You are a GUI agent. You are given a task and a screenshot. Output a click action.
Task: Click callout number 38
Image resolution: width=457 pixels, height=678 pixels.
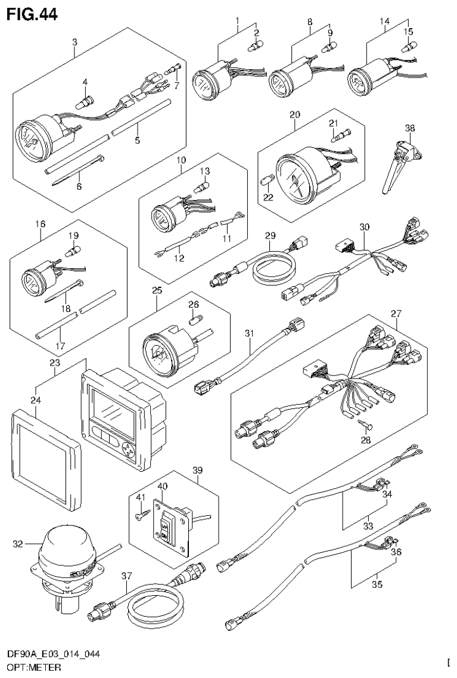pyautogui.click(x=409, y=128)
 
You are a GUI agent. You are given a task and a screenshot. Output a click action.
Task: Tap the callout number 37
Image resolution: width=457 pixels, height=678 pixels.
pyautogui.click(x=126, y=577)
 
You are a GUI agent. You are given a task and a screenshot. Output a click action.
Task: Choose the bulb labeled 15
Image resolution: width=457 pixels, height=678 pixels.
pyautogui.click(x=409, y=44)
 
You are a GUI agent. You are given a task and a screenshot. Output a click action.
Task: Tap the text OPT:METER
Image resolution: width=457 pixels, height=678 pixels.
pyautogui.click(x=30, y=667)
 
